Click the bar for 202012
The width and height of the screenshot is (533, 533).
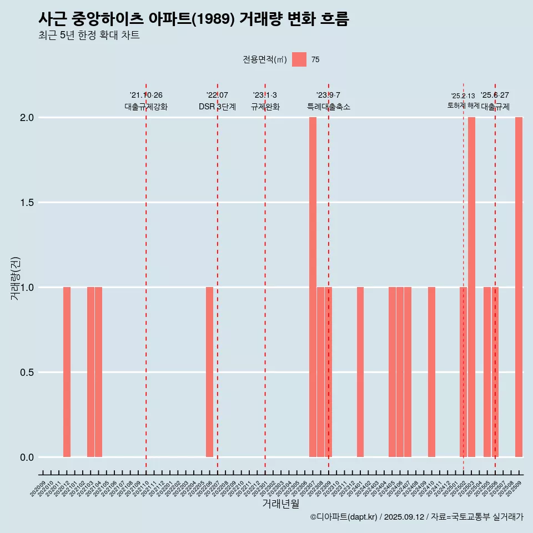click(67, 372)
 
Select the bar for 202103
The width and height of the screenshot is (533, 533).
click(90, 372)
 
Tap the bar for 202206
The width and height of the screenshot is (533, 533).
click(209, 372)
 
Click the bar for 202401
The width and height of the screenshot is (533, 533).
click(360, 372)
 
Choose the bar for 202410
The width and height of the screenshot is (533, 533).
click(431, 372)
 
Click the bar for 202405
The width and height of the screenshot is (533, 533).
click(392, 372)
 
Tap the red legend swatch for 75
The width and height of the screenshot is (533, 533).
click(299, 59)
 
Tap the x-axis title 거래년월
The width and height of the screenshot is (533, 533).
click(280, 504)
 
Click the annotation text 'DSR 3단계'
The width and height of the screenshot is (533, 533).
click(217, 107)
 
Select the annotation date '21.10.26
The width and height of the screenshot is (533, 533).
click(146, 95)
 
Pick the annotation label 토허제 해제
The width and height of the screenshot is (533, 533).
click(463, 105)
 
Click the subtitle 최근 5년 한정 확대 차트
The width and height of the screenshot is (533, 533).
click(89, 36)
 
